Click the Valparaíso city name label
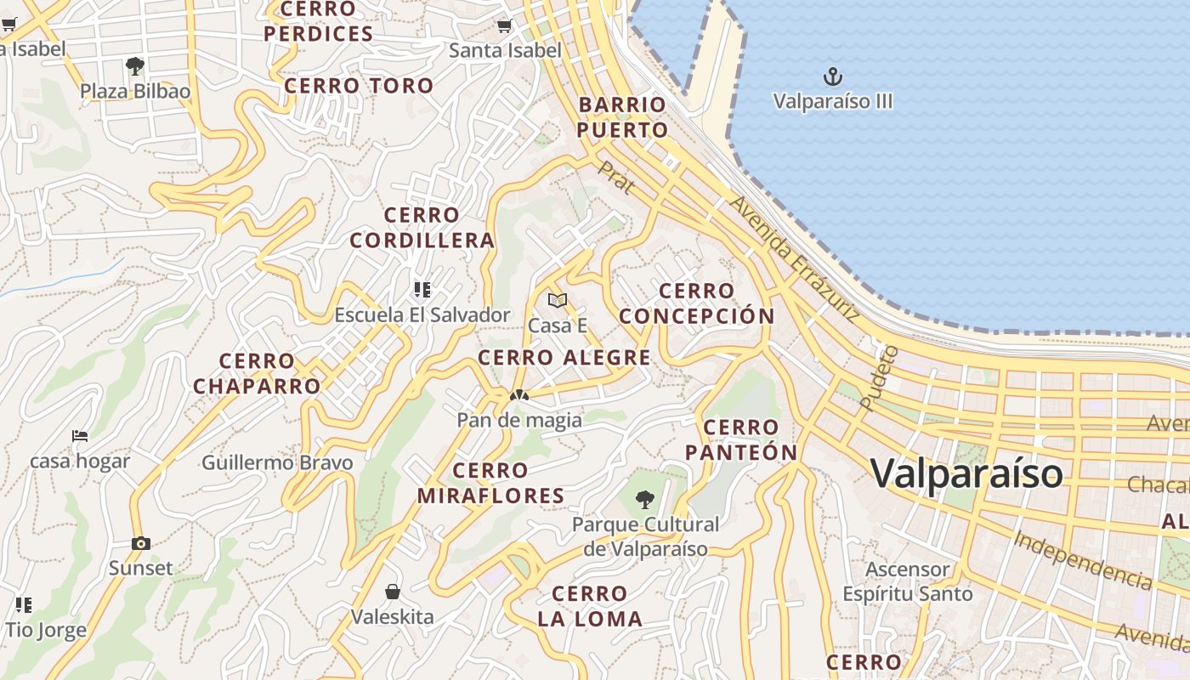tap(966, 473)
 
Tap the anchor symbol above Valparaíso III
tap(833, 77)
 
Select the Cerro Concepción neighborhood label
tap(696, 303)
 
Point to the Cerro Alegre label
tap(564, 358)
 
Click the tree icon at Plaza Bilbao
tap(134, 65)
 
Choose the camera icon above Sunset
tap(141, 543)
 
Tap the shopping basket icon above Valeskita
tap(393, 591)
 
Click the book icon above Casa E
tap(558, 300)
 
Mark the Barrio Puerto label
tap(623, 117)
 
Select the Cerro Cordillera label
tap(422, 228)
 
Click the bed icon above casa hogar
tap(80, 436)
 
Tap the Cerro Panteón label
tap(742, 440)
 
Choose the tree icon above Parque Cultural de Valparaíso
tap(645, 499)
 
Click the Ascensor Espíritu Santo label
tap(907, 581)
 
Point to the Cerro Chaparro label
tap(257, 374)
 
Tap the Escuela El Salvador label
tap(422, 314)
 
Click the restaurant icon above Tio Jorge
tap(24, 605)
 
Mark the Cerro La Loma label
tap(590, 607)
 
